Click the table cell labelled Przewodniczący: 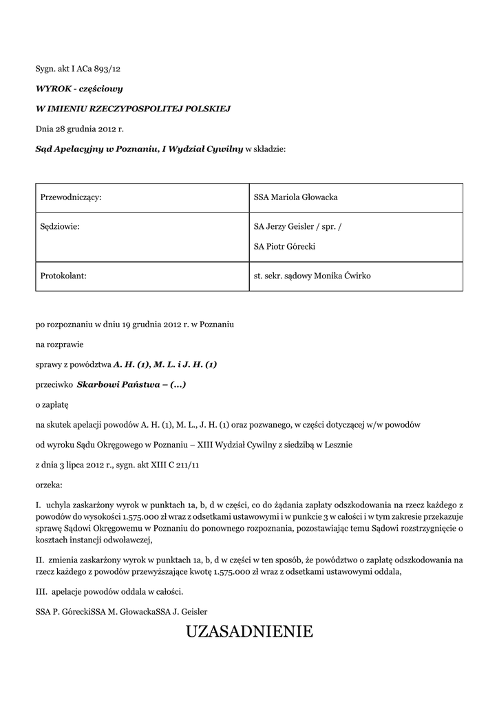[x=71, y=197]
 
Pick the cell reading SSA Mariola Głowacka [x=295, y=197]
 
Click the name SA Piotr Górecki [x=284, y=247]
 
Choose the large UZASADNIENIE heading [x=249, y=632]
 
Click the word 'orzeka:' [x=49, y=484]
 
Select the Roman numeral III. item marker [x=41, y=591]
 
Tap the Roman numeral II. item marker [x=40, y=560]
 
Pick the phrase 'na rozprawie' [x=60, y=344]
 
